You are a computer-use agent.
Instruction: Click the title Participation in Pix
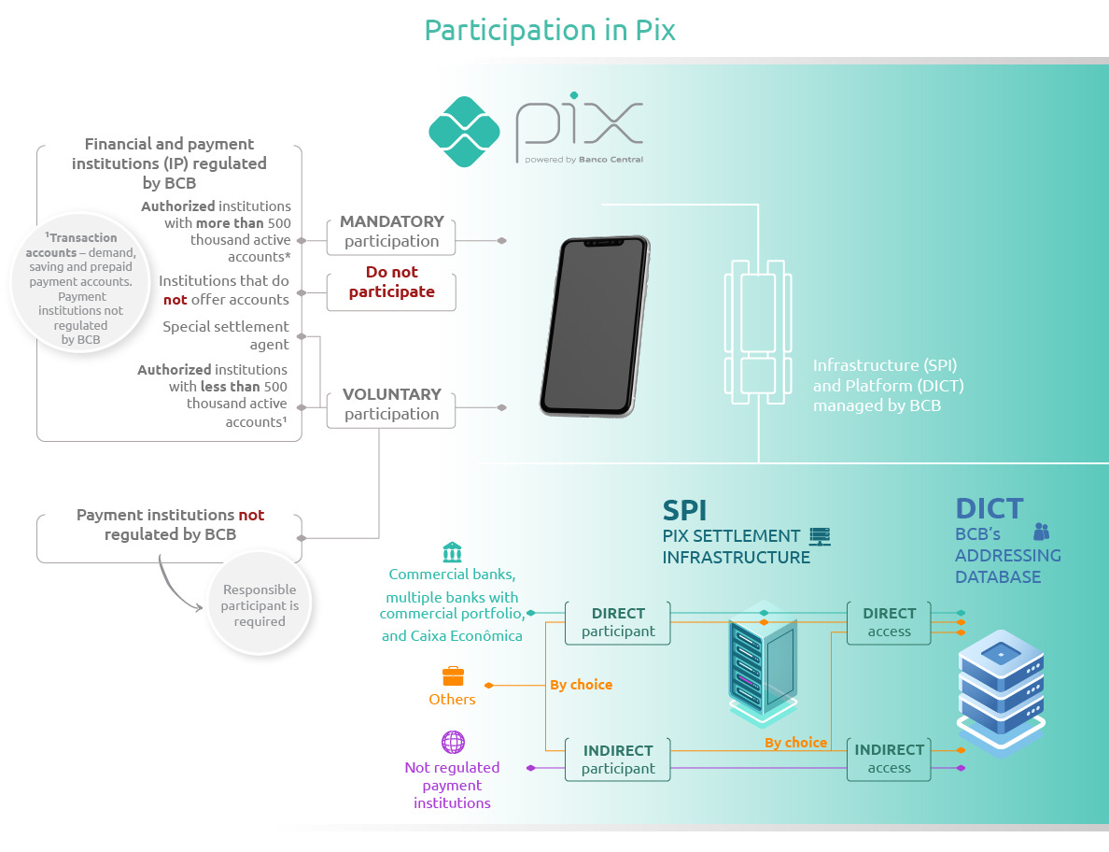pyautogui.click(x=550, y=30)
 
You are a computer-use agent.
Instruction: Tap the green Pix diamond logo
pyautogui.click(x=464, y=132)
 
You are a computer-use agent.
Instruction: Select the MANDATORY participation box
pyautogui.click(x=391, y=232)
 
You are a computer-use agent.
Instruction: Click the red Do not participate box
pyautogui.click(x=391, y=282)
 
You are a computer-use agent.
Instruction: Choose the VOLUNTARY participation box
pyautogui.click(x=391, y=405)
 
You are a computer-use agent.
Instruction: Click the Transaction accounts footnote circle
pyautogui.click(x=80, y=288)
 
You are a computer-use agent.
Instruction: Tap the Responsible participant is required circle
pyautogui.click(x=260, y=605)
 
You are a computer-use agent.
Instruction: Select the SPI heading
pyautogui.click(x=684, y=510)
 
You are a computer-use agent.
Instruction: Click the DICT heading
pyautogui.click(x=989, y=509)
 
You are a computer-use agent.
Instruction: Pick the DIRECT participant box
pyautogui.click(x=618, y=622)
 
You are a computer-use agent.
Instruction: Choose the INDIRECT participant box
pyautogui.click(x=618, y=760)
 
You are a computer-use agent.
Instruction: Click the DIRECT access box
pyautogui.click(x=889, y=622)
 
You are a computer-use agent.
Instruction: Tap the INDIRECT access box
pyautogui.click(x=889, y=759)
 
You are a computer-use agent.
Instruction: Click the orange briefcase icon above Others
pyautogui.click(x=453, y=676)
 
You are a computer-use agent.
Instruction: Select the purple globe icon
pyautogui.click(x=453, y=743)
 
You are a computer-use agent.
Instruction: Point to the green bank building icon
pyautogui.click(x=452, y=551)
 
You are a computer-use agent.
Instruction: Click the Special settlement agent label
pyautogui.click(x=226, y=335)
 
